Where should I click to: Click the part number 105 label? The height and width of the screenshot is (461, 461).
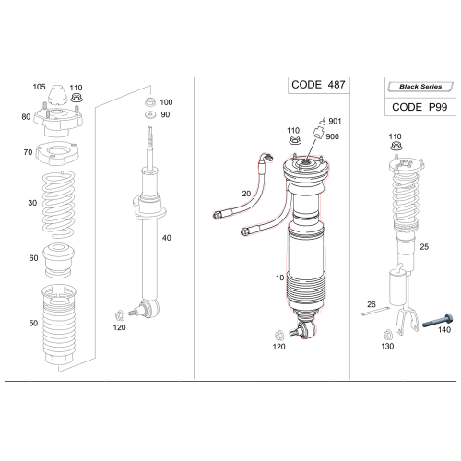[x=39, y=87]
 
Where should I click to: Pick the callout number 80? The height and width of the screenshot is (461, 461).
[x=26, y=117]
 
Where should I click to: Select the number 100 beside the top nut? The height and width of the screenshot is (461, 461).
[x=166, y=102]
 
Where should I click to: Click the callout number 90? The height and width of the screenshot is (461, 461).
[x=166, y=114]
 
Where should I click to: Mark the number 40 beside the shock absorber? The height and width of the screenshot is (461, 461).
[x=167, y=239]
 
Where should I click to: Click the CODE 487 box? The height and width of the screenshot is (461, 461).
[x=319, y=84]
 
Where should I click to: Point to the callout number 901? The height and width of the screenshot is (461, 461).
[x=334, y=122]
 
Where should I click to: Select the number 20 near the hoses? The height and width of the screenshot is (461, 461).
[x=245, y=194]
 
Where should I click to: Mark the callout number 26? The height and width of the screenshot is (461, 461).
[x=372, y=303]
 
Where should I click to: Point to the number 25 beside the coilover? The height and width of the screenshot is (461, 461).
[x=424, y=247]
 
